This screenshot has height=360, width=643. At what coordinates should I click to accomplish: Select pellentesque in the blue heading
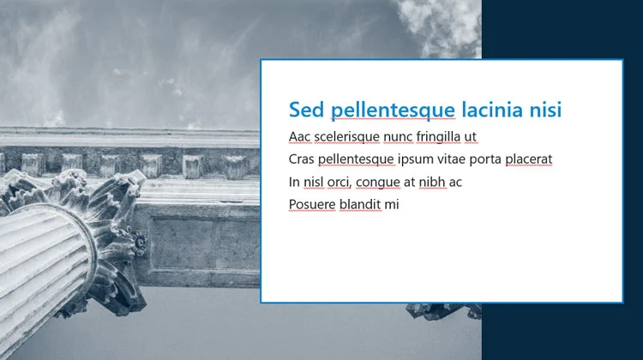[x=393, y=111]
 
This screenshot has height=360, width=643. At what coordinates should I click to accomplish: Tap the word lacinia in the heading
[x=492, y=110]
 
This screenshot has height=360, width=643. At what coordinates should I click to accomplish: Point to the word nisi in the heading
[x=545, y=110]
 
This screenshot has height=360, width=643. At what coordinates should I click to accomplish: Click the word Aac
[x=300, y=136]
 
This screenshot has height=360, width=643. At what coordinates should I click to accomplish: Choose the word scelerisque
[x=347, y=137]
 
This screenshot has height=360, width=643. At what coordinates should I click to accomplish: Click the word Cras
[x=302, y=159]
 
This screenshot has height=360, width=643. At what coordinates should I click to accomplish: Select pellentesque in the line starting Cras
[x=356, y=160]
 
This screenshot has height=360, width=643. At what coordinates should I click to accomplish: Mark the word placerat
[x=529, y=160]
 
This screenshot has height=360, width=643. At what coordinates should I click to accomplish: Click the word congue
[x=378, y=183]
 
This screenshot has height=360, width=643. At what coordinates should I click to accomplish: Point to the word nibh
[x=432, y=182]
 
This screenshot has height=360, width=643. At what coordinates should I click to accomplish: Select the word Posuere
[x=312, y=204]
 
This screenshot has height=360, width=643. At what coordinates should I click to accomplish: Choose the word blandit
[x=360, y=204]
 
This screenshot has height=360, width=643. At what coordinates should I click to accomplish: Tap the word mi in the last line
[x=392, y=204]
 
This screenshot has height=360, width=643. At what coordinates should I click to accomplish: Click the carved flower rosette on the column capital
[x=140, y=243]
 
